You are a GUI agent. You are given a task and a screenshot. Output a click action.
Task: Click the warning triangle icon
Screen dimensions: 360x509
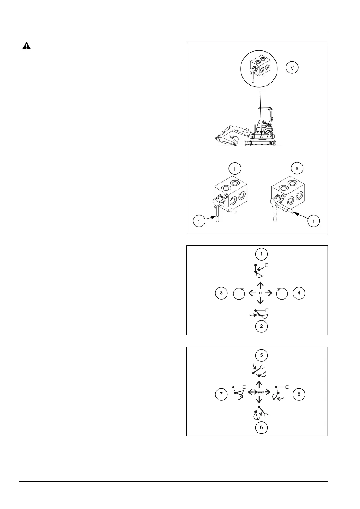pyautogui.click(x=27, y=46)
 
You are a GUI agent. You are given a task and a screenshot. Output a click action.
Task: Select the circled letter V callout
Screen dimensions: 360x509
pyautogui.click(x=292, y=68)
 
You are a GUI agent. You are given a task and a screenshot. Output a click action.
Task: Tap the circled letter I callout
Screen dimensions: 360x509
pyautogui.click(x=235, y=169)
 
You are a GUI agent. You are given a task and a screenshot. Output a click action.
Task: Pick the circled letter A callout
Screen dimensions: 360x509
pyautogui.click(x=297, y=169)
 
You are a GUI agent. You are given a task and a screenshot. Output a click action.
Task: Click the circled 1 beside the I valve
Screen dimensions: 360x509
pyautogui.click(x=199, y=222)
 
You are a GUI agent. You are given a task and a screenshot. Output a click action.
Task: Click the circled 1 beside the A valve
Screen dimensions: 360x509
pyautogui.click(x=313, y=221)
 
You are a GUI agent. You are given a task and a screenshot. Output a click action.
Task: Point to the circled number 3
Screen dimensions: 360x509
pyautogui.click(x=221, y=293)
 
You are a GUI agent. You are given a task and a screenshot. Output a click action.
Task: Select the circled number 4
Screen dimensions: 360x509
pyautogui.click(x=299, y=293)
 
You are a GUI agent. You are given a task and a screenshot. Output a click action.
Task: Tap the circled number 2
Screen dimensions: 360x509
pyautogui.click(x=261, y=326)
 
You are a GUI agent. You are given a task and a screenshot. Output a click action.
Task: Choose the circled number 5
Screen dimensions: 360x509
pyautogui.click(x=261, y=355)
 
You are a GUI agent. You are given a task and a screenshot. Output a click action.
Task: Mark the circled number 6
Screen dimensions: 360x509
pyautogui.click(x=261, y=427)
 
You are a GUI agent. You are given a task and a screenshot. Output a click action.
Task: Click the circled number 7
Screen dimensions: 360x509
pyautogui.click(x=221, y=394)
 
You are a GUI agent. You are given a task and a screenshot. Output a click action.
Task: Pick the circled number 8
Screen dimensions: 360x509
pyautogui.click(x=299, y=394)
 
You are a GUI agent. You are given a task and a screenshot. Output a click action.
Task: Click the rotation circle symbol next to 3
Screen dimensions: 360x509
pyautogui.click(x=239, y=293)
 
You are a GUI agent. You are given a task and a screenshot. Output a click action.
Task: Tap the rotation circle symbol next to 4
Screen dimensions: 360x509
pyautogui.click(x=282, y=293)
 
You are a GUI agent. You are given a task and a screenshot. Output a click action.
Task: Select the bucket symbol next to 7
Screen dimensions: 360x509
pyautogui.click(x=239, y=392)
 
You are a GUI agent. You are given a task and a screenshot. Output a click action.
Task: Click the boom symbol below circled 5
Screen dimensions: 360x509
pyautogui.click(x=259, y=371)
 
